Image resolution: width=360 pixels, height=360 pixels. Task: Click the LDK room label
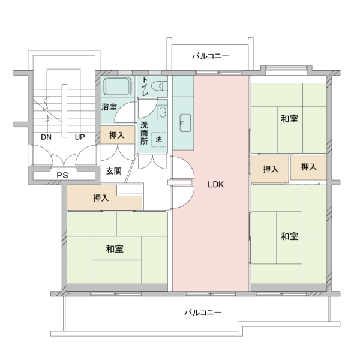215,185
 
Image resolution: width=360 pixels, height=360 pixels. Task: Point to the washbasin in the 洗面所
163,112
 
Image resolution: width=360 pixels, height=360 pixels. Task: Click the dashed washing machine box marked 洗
159,140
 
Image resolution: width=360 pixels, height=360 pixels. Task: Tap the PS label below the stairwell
62,175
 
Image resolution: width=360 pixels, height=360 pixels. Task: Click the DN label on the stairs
46,137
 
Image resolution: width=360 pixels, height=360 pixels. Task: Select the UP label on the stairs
79,137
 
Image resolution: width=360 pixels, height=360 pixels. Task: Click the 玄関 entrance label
114,171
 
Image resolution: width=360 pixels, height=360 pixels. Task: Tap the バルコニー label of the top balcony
211,56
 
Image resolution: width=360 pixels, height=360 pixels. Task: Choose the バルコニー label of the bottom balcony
203,313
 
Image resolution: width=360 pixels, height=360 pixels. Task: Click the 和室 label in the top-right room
289,118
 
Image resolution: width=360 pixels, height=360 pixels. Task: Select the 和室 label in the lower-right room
289,236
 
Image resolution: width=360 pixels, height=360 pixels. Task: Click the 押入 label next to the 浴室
117,136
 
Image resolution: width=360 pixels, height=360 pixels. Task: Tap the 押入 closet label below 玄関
101,198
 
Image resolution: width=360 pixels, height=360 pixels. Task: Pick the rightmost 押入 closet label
309,167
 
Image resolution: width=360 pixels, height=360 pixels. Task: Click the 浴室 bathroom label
109,107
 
